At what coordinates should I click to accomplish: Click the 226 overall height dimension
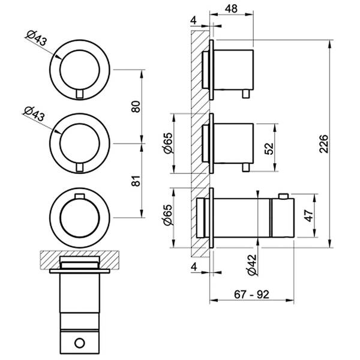[323, 144]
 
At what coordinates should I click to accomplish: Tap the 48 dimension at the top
[231, 9]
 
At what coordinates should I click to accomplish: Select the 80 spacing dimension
[136, 106]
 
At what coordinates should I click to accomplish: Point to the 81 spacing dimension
[136, 181]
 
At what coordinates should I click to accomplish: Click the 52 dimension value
[269, 148]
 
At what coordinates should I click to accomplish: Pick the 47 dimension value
[308, 215]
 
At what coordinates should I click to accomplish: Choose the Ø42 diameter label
[252, 265]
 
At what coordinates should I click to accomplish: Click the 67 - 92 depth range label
[251, 295]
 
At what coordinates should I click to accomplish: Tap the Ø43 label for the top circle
[36, 38]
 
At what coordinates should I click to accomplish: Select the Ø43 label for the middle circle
[34, 114]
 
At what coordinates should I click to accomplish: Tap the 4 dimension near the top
[194, 20]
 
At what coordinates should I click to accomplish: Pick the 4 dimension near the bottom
[194, 267]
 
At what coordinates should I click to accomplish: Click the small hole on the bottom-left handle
[80, 343]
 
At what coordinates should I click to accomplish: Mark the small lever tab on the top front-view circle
[80, 94]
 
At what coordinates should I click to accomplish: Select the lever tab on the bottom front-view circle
[80, 196]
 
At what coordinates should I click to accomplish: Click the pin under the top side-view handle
[246, 94]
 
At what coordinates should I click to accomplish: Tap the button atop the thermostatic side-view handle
[283, 196]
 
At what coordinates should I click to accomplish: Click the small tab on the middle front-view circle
[80, 167]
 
